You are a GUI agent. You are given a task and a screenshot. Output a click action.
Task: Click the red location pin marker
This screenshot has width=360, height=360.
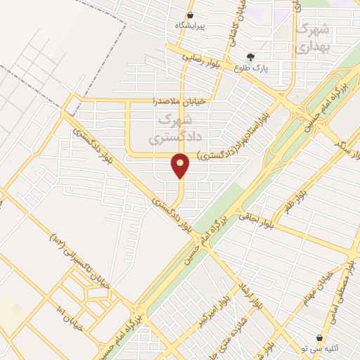pyautogui.click(x=181, y=165)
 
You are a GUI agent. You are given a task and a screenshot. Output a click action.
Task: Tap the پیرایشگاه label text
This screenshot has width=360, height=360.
pyautogui.click(x=191, y=25)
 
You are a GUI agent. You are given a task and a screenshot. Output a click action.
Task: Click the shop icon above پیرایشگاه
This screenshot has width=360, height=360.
pyautogui.click(x=191, y=15)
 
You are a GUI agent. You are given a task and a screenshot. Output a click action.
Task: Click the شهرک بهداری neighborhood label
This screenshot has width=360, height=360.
pyautogui.click(x=312, y=39)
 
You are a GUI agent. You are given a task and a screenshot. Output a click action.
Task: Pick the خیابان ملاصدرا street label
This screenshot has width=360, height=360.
pyautogui.click(x=180, y=101)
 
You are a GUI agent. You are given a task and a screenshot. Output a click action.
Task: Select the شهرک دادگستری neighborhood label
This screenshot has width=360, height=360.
pyautogui.click(x=169, y=129)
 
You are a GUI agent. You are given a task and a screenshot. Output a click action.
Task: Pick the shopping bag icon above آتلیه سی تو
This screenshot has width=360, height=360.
pyautogui.click(x=321, y=338)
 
